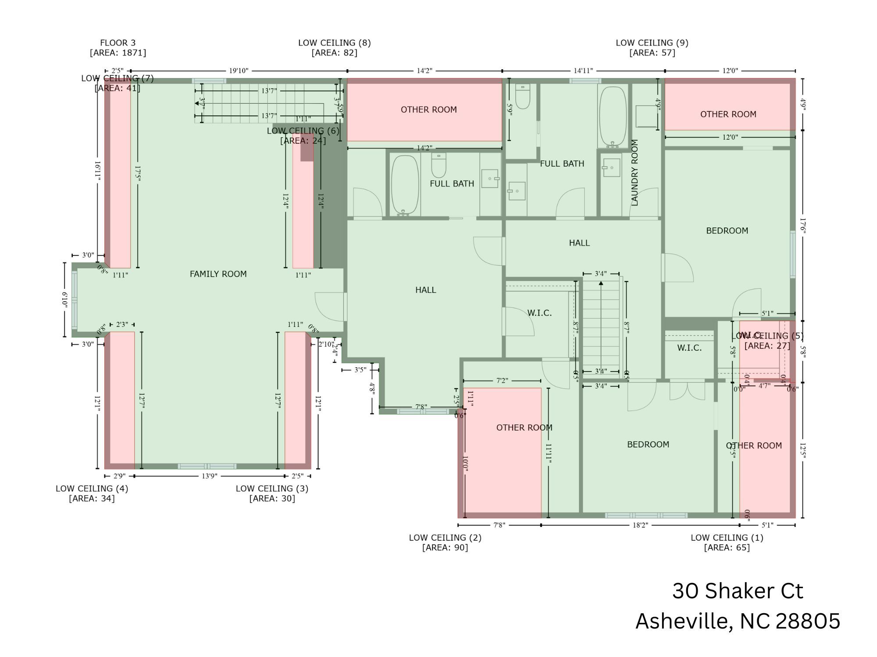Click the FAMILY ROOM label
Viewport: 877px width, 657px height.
(x=218, y=274)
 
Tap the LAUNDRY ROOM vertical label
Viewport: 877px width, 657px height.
(x=635, y=173)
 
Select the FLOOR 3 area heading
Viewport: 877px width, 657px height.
(x=118, y=47)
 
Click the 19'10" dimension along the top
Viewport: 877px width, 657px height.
(x=239, y=71)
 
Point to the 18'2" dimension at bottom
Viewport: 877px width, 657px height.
(x=640, y=525)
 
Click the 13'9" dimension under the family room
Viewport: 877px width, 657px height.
(x=209, y=476)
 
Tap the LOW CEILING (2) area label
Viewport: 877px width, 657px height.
(x=445, y=542)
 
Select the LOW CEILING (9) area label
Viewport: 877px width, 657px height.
(x=652, y=47)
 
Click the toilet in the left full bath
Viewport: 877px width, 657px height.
(x=438, y=165)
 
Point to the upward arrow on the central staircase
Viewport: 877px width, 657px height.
(x=601, y=284)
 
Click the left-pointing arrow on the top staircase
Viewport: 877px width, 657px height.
(x=197, y=104)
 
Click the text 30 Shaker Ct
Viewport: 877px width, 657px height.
(x=738, y=591)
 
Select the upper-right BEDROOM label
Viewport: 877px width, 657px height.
(x=727, y=231)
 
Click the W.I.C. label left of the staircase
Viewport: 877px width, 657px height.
(x=539, y=313)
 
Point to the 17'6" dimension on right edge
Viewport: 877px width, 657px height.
(x=802, y=226)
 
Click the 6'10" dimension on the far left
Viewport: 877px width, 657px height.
(x=64, y=300)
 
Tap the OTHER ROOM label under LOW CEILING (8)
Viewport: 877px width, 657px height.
(x=428, y=110)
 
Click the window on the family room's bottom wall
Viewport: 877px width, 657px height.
(x=207, y=466)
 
